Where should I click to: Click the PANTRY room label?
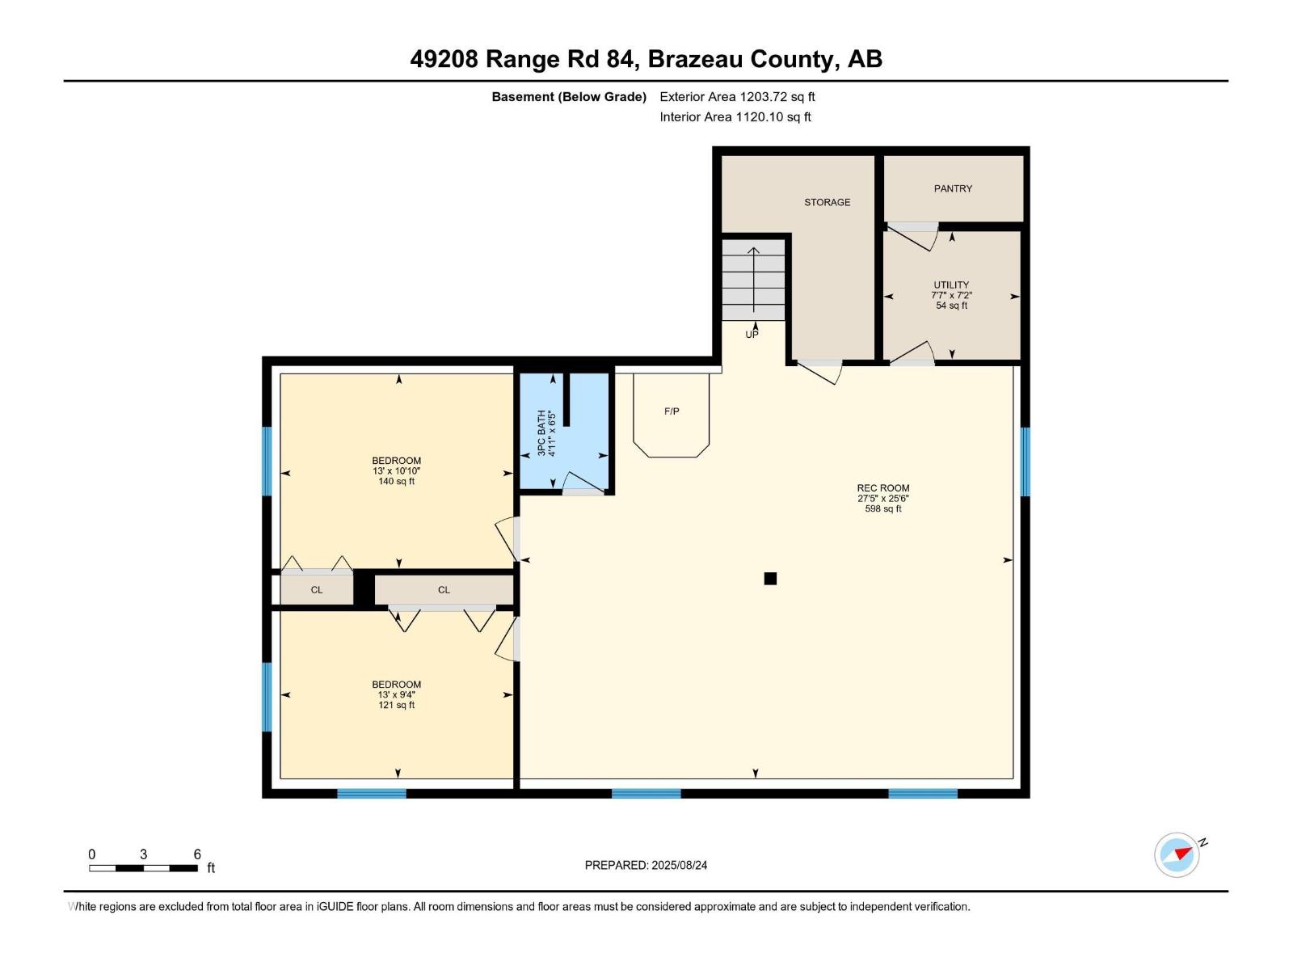(x=953, y=188)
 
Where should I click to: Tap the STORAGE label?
(x=827, y=202)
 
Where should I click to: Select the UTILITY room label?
(x=951, y=285)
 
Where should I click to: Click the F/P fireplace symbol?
(x=672, y=412)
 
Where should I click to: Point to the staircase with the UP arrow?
(x=753, y=280)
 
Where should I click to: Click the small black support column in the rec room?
(x=770, y=578)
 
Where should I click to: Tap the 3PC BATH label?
(x=542, y=432)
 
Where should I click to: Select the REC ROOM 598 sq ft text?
(x=882, y=508)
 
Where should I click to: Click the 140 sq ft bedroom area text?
(x=396, y=481)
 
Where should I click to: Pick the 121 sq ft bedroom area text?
(x=396, y=705)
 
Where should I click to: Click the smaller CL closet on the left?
(x=317, y=590)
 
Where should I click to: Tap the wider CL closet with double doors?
(x=444, y=590)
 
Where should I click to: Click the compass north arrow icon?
(x=1177, y=854)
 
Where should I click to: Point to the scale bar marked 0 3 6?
(x=144, y=867)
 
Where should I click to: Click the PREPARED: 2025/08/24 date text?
(x=646, y=865)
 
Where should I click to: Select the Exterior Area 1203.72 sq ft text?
(x=737, y=97)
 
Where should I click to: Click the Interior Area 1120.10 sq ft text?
(x=735, y=117)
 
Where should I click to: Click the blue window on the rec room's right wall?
(x=1025, y=462)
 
